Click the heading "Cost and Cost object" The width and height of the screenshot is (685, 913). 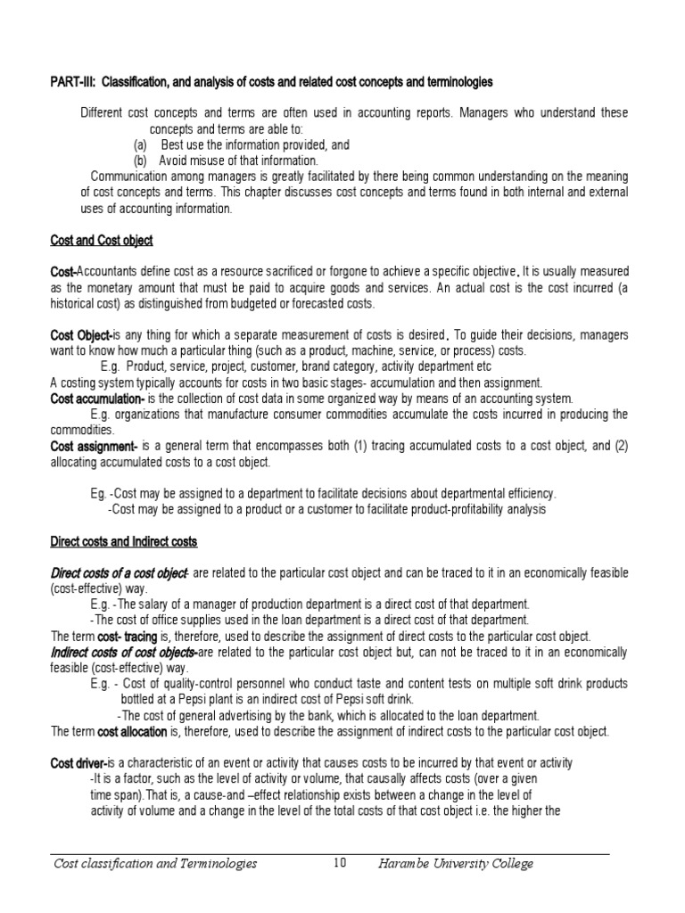101,241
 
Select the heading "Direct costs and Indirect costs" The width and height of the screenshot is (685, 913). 123,541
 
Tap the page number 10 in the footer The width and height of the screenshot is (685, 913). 339,863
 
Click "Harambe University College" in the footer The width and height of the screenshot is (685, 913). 455,863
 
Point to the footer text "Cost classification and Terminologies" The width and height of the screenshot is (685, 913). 156,863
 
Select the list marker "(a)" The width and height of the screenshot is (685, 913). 140,144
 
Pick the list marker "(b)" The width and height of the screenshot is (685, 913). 140,160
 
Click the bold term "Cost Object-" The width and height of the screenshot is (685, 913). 80,334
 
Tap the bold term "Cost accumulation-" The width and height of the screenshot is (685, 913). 97,399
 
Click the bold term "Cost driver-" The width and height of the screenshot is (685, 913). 78,763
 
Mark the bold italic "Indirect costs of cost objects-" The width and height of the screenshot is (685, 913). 124,652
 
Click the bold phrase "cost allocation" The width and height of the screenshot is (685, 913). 132,731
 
